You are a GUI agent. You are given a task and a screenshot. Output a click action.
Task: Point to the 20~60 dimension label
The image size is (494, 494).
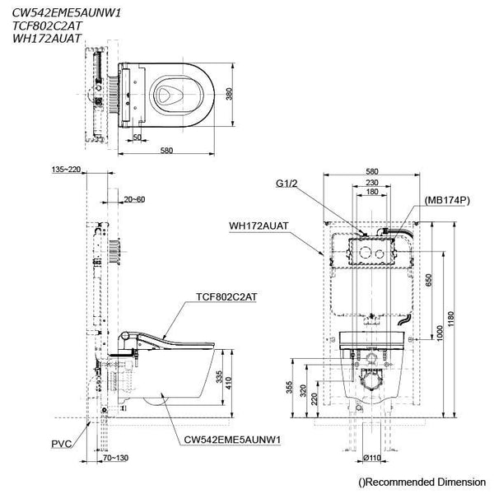[136, 198]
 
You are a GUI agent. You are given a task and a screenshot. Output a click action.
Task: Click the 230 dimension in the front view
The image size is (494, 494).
[372, 183]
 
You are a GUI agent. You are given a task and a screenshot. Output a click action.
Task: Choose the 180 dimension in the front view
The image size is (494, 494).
[372, 192]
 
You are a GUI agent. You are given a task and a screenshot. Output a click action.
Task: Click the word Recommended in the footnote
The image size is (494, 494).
[401, 481]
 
